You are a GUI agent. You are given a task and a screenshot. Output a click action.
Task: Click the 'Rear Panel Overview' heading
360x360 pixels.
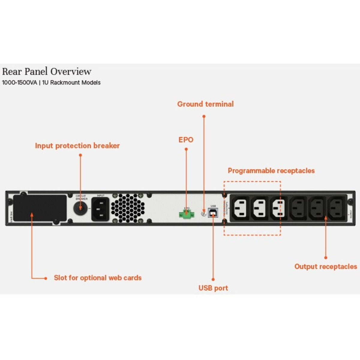(46, 72)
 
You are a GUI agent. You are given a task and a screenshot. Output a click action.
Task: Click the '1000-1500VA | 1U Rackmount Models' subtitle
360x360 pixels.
(51, 82)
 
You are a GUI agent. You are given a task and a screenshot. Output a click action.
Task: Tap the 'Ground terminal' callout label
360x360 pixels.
(205, 104)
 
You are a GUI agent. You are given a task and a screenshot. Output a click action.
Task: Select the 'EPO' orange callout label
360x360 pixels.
(186, 140)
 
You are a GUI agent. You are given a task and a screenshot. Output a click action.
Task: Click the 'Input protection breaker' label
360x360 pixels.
(77, 146)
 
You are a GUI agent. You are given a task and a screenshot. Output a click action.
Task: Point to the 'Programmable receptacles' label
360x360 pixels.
(271, 171)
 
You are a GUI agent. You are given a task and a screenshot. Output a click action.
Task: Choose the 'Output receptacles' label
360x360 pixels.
(325, 267)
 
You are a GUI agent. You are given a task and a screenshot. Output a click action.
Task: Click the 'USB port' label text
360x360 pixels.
(213, 288)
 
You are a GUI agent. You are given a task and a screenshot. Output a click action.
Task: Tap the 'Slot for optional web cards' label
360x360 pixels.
(97, 278)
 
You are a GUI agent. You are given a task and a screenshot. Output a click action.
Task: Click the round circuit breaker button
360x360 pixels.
(80, 208)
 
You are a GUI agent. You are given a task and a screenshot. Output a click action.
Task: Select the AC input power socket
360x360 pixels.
(100, 209)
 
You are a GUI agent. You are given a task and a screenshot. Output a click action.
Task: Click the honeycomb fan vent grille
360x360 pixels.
(128, 208)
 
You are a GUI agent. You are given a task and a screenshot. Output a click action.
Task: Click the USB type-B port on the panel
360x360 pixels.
(213, 212)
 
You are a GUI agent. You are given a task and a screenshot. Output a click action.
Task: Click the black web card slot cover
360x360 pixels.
(40, 208)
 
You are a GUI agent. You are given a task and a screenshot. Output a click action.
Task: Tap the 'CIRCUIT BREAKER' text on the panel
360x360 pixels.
(81, 197)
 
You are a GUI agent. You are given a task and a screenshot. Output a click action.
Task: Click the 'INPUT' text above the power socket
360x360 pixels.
(100, 196)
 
